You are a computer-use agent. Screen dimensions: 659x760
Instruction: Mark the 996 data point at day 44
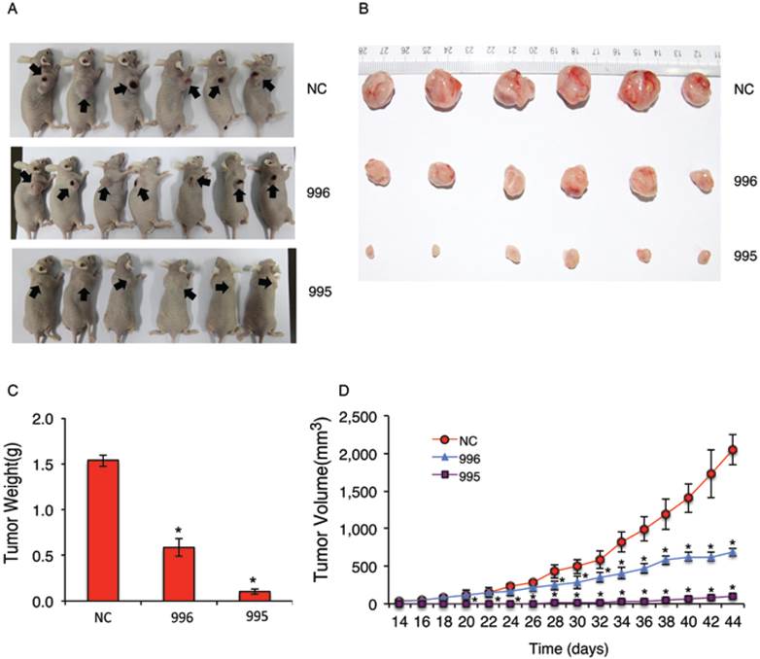pyautogui.click(x=733, y=552)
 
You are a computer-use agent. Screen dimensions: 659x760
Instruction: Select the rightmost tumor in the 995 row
pyautogui.click(x=704, y=257)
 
